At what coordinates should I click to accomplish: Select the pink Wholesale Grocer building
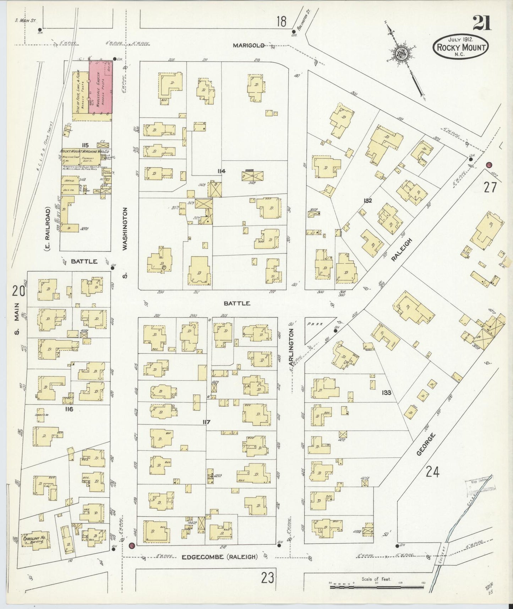coord(100,87)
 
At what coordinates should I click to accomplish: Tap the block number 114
coord(221,171)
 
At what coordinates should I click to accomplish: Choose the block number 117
coord(206,422)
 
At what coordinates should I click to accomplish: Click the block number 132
coord(367,201)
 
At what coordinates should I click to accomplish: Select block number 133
coord(386,393)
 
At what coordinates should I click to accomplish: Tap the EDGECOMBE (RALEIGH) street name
coord(219,557)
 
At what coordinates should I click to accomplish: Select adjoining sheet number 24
coord(433,472)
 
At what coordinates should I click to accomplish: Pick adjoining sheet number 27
coord(490,187)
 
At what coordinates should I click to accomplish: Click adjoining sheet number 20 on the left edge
coord(18,291)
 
